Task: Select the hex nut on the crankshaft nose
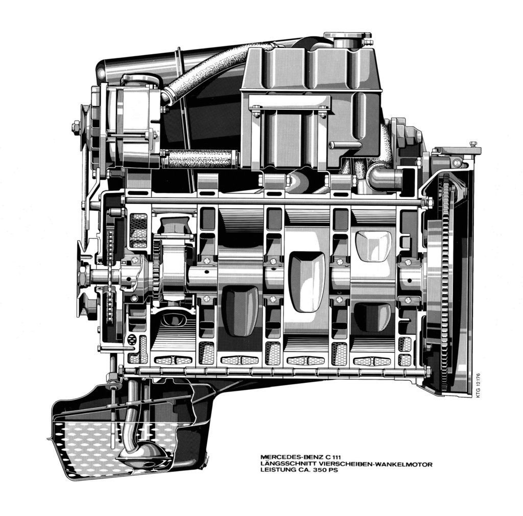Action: pyautogui.click(x=82, y=277)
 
